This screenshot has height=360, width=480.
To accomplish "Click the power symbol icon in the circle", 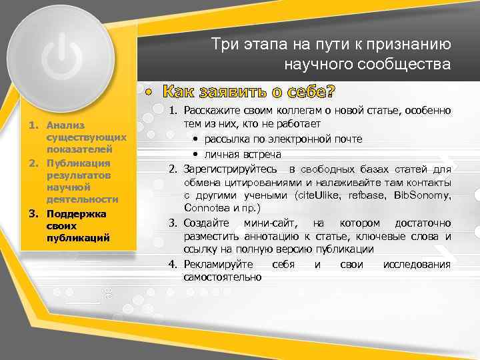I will tap(61, 59).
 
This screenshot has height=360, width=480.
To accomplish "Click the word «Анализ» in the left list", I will tap(61, 125).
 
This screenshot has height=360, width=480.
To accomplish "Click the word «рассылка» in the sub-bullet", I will tap(225, 139).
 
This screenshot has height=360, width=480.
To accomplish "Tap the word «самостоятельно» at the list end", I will tap(223, 277).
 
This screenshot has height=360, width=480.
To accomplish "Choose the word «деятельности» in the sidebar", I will tap(83, 199).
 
